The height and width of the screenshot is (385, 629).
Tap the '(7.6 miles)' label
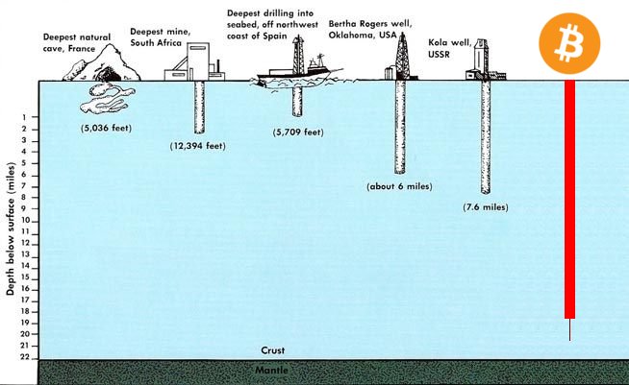pyautogui.click(x=484, y=206)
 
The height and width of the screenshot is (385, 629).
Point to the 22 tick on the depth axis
pyautogui.click(x=24, y=357)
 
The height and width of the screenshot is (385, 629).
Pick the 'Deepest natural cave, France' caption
pyautogui.click(x=78, y=41)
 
